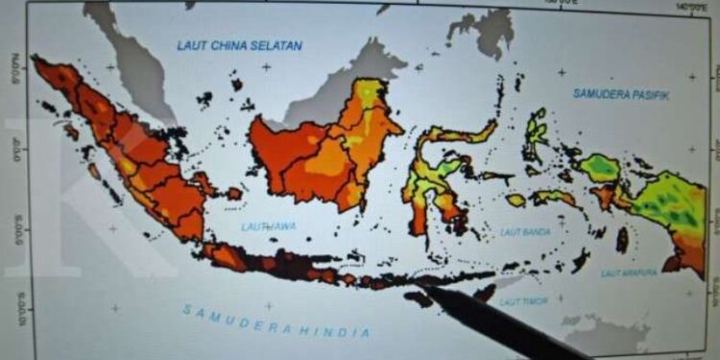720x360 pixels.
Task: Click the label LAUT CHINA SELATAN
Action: click(239, 45)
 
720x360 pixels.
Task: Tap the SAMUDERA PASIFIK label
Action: click(620, 94)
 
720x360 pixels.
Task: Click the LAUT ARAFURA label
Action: click(629, 273)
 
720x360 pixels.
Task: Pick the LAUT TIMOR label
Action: click(523, 300)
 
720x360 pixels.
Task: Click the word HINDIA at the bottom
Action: click(337, 331)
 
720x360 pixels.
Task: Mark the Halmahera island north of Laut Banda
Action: click(535, 134)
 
